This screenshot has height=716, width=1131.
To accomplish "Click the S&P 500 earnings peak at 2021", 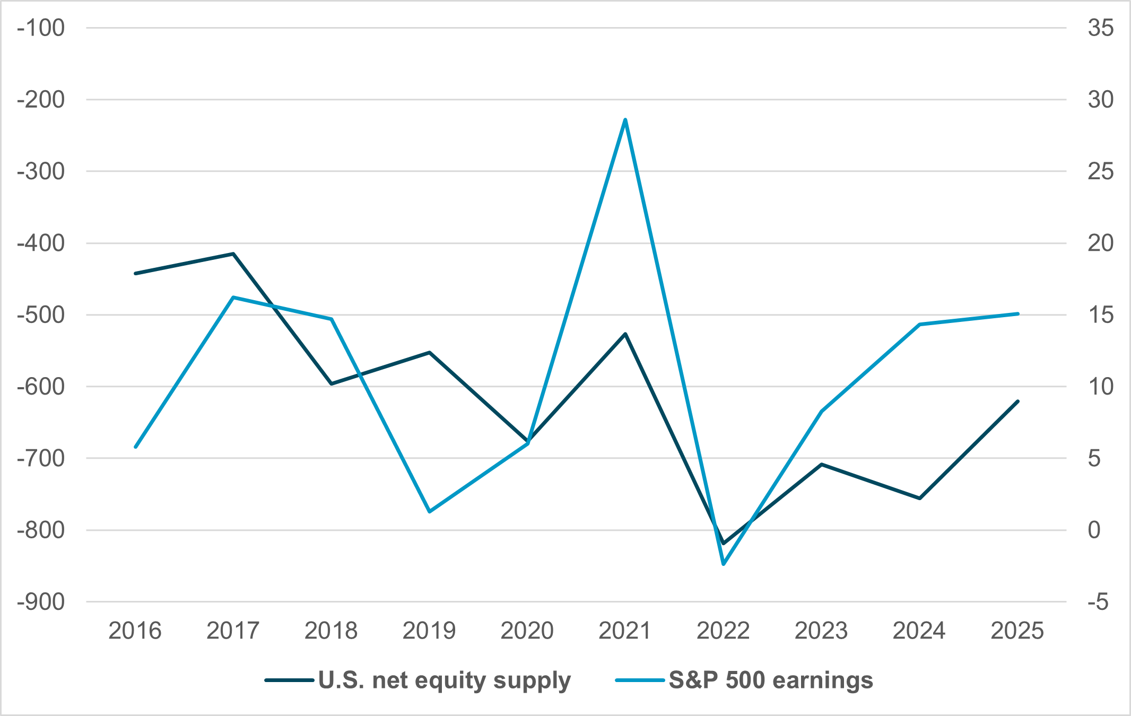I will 625,120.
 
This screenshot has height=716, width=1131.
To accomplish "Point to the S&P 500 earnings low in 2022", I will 724,564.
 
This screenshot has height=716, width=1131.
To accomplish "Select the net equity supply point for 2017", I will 233,254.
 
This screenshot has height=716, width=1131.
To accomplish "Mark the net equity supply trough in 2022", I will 724,544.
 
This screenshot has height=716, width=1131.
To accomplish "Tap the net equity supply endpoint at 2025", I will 1017,401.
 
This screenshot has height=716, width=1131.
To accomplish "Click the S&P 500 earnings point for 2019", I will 430,511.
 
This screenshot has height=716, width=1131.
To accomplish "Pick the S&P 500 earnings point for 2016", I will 136,447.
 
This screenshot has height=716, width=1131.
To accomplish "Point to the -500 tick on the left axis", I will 41,315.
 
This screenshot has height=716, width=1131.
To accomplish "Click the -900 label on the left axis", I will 41,602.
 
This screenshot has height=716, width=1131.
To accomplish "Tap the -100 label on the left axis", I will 41,28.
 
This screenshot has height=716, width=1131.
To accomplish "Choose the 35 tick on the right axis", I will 1100,28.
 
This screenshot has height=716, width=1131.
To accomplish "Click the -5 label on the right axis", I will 1098,602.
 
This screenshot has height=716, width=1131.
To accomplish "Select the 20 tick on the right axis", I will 1100,243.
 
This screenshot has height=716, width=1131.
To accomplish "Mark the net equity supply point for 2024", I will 919,498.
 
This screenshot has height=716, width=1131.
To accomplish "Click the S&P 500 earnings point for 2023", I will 821,411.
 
